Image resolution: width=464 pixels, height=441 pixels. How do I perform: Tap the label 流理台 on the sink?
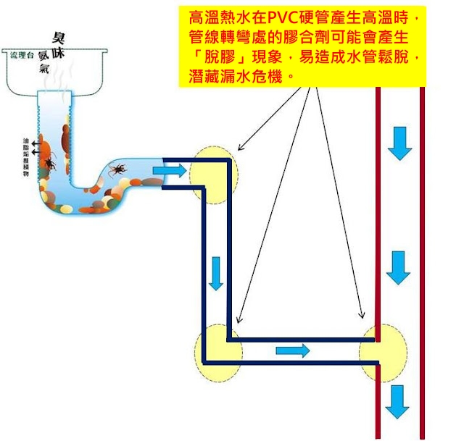[22, 55]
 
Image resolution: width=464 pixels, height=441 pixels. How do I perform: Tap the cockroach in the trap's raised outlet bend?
[115, 170]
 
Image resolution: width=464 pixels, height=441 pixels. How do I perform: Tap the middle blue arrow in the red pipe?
[399, 268]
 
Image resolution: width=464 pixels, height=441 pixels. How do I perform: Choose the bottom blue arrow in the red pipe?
[398, 402]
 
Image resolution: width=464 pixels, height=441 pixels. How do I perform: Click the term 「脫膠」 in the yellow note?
[214, 56]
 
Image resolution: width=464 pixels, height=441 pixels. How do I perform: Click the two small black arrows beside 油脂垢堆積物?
[34, 142]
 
